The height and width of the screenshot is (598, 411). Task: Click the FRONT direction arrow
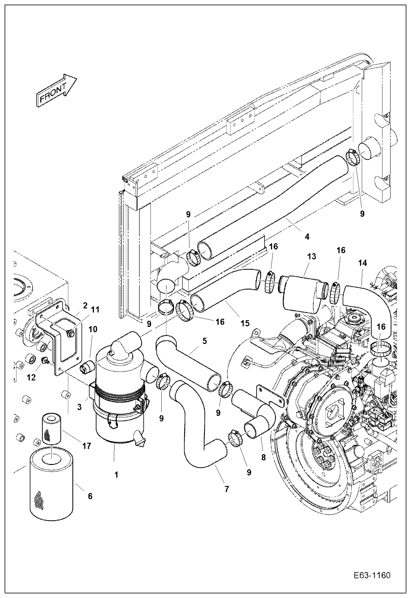(56, 91)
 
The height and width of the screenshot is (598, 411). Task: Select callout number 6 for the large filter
(90, 496)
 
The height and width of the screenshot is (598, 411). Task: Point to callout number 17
(87, 446)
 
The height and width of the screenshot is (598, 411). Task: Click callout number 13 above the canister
(312, 257)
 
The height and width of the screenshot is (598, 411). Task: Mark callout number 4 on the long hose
(307, 237)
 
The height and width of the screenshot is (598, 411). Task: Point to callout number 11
(95, 310)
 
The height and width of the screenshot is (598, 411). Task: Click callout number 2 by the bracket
(85, 306)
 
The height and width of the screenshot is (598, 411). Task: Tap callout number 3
(80, 407)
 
